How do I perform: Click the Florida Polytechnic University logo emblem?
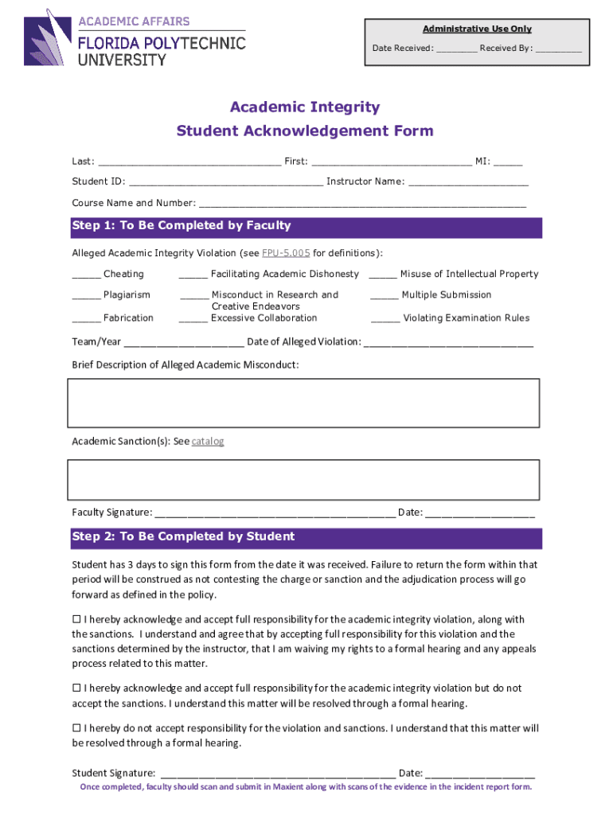point(49,37)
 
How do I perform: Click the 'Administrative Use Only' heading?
point(477,29)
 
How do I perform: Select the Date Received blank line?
point(456,49)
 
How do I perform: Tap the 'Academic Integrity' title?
point(305,107)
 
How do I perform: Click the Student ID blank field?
point(226,182)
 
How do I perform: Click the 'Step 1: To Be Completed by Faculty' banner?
point(306,226)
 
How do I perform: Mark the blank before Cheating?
point(86,275)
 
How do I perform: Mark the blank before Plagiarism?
point(86,296)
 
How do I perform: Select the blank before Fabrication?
point(86,319)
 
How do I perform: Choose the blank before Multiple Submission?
point(385,296)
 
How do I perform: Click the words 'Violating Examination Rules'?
point(466,318)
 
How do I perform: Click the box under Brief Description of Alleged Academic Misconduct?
point(305,403)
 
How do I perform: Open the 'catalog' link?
point(208,441)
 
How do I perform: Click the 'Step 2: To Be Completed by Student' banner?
point(306,537)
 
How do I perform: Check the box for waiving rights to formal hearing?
point(77,619)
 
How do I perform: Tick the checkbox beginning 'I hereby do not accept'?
point(77,728)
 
